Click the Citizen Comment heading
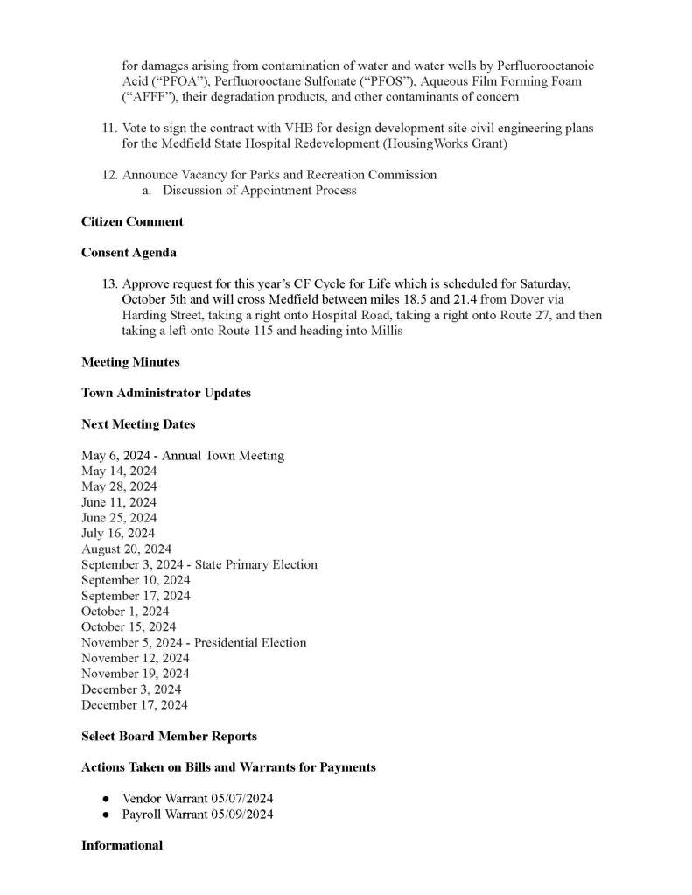pyautogui.click(x=132, y=221)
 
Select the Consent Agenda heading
pyautogui.click(x=129, y=253)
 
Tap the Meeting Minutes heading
pyautogui.click(x=130, y=361)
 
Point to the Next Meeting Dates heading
pyautogui.click(x=138, y=424)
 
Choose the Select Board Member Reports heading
pyautogui.click(x=169, y=736)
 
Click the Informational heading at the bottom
pyautogui.click(x=122, y=845)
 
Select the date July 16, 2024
pyautogui.click(x=118, y=534)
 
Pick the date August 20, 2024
pyautogui.click(x=126, y=549)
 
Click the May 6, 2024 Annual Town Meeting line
pyautogui.click(x=182, y=456)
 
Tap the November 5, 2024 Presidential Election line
pyautogui.click(x=193, y=643)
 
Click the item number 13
pyautogui.click(x=109, y=284)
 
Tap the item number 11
pyautogui.click(x=109, y=129)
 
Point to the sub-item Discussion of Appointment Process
pyautogui.click(x=259, y=191)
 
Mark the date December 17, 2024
pyautogui.click(x=134, y=705)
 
